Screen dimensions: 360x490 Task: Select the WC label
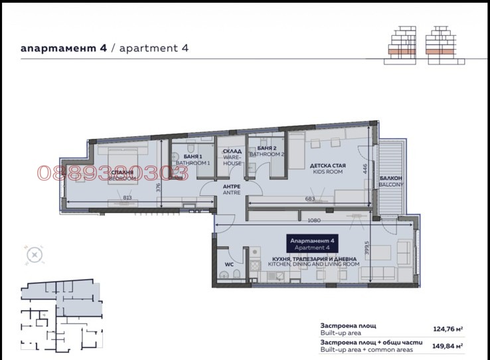click(229, 264)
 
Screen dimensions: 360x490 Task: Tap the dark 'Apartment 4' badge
click(313, 242)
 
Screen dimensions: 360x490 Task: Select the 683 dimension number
click(309, 198)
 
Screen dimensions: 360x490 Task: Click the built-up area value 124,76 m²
click(448, 327)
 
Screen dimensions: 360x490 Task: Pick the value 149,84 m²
click(448, 345)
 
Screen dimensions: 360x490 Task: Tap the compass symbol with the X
click(33, 254)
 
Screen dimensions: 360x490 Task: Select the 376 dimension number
click(159, 187)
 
